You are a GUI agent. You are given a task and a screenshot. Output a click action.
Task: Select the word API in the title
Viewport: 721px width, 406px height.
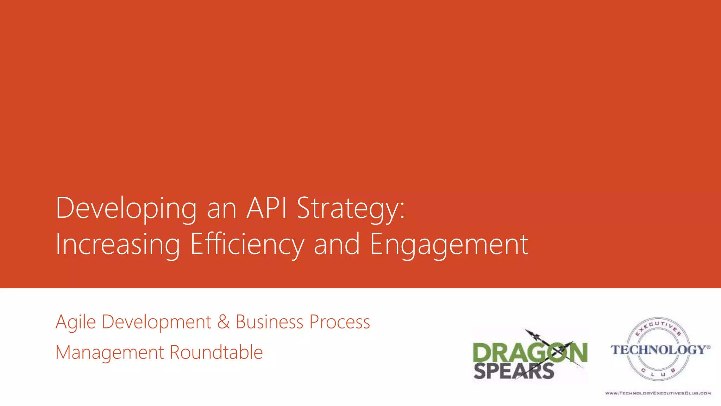267,208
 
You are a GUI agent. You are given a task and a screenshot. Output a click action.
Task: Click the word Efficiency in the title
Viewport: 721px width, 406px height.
247,245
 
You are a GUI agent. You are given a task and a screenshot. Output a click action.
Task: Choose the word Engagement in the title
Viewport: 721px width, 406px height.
449,245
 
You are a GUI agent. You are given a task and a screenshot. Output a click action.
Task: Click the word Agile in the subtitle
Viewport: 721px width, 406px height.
76,322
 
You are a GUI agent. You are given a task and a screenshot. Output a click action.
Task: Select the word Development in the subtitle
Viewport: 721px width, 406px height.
157,322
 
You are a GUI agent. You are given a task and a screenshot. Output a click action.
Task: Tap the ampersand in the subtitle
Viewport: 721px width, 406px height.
223,322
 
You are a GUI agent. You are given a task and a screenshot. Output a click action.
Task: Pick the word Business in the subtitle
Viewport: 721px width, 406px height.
269,322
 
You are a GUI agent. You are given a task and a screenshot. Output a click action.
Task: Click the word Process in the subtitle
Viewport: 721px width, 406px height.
340,322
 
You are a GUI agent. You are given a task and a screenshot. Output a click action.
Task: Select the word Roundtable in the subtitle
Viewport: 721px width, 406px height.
216,352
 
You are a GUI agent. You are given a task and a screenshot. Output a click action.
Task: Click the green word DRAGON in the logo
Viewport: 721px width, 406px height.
530,352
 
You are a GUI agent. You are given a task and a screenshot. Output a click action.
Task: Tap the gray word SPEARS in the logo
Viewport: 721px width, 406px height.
514,371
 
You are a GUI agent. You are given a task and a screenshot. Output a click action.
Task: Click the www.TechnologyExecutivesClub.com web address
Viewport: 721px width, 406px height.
658,393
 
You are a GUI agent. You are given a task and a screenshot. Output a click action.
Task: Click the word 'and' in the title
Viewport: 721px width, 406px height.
337,245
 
